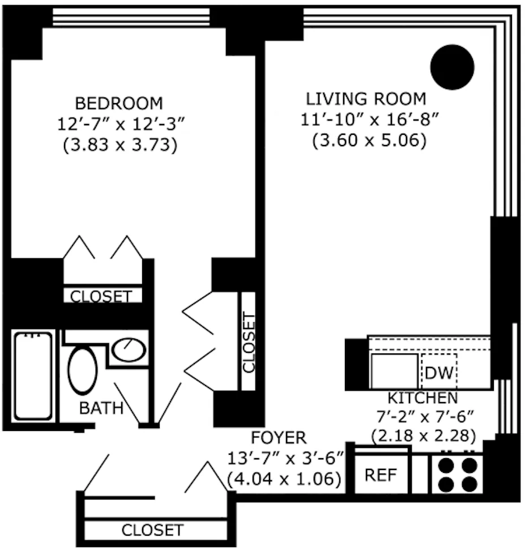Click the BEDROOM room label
coord(119,104)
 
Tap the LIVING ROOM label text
coord(366,99)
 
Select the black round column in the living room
coord(451,67)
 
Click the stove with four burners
coord(458,474)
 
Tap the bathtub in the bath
coord(34,375)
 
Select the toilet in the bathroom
coord(83,371)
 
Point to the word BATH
coord(101,408)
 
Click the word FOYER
coord(279,438)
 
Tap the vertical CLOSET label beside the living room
coord(249,342)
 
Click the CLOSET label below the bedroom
coord(101,296)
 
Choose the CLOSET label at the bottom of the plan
coord(153,531)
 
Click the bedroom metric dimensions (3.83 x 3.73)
coord(119,145)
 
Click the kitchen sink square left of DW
coord(394,372)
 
